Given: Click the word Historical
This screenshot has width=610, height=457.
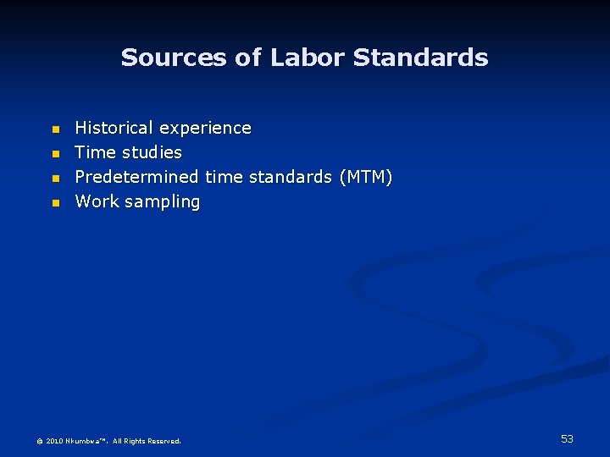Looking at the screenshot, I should (114, 128).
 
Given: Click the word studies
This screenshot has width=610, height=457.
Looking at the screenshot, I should (152, 152).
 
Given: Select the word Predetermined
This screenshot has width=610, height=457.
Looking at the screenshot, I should (136, 177).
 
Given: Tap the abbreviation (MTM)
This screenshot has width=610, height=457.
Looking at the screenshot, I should (365, 177).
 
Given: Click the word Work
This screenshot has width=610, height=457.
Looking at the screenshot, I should (97, 201).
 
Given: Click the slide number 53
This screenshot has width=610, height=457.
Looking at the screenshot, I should (567, 438).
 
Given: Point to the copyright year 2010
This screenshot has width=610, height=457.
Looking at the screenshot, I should (54, 441).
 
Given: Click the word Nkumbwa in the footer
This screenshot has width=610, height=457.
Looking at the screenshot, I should (83, 441).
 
